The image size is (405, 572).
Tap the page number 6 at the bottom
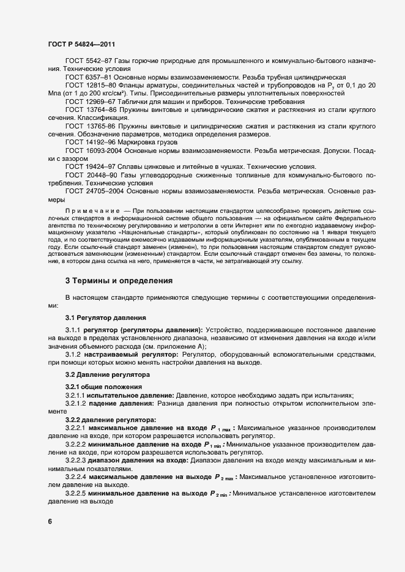(x=50, y=521)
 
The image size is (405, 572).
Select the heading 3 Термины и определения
(x=119, y=281)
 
